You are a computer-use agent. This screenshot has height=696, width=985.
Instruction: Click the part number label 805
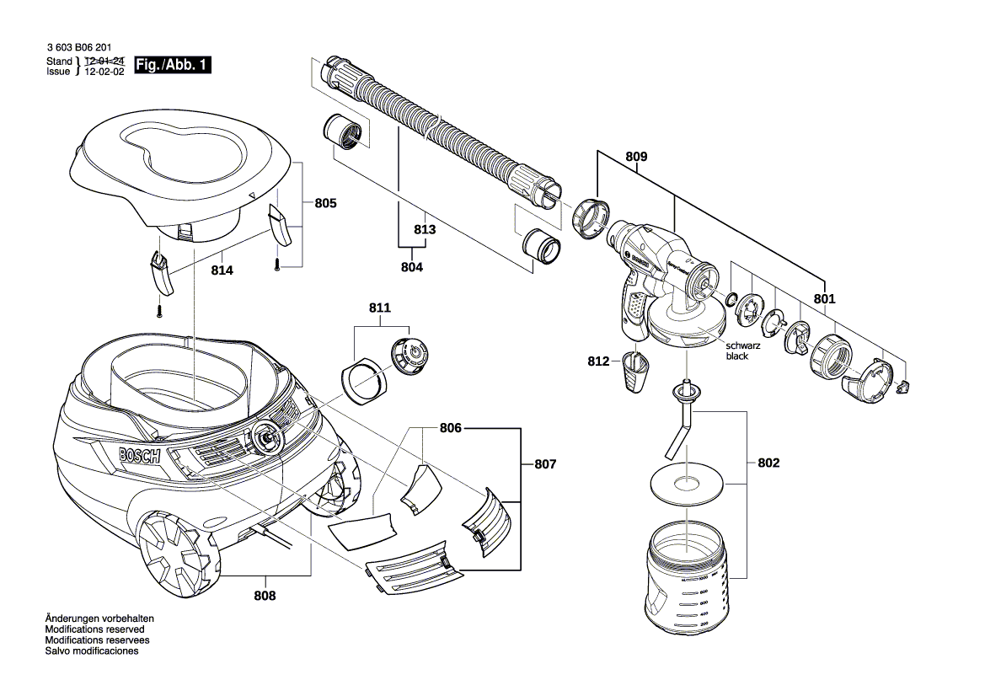coord(325,203)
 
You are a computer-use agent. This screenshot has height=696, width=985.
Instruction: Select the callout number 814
coord(222,270)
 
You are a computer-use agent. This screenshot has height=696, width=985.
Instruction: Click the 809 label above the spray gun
coord(636,157)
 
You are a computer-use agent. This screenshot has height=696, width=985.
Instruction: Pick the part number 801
coord(824,298)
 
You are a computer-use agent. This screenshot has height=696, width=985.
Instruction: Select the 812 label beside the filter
coord(598,361)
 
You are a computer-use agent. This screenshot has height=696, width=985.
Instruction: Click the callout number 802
coord(768,463)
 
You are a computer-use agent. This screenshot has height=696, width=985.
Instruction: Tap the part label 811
coord(379,308)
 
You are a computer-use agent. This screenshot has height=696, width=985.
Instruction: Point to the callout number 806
coord(451,428)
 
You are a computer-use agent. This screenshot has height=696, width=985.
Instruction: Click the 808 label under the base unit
coord(266,595)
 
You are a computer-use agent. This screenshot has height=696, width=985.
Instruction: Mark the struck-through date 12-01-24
coord(104,62)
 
